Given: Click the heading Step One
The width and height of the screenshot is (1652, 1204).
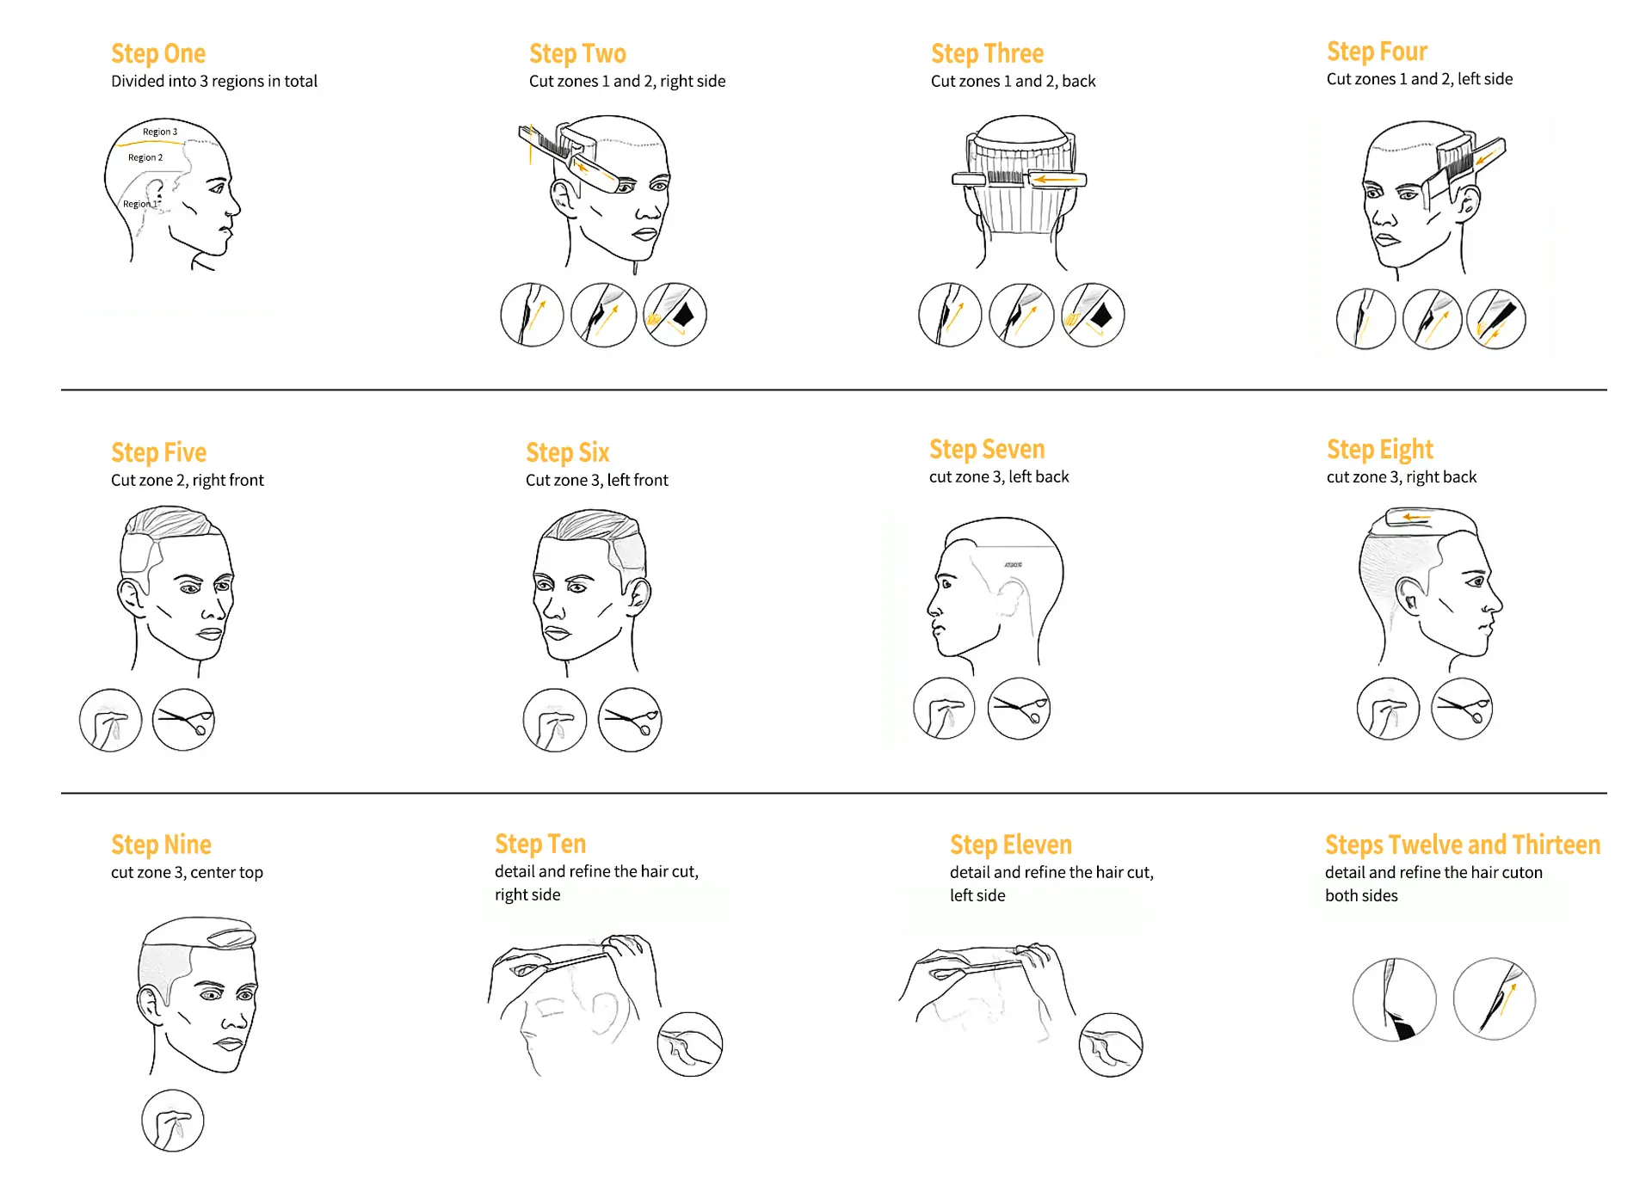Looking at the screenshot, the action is pyautogui.click(x=158, y=53).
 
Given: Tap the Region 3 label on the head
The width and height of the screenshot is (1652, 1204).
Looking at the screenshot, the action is pyautogui.click(x=160, y=132).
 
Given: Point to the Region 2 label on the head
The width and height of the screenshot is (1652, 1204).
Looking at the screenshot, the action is pyautogui.click(x=145, y=157).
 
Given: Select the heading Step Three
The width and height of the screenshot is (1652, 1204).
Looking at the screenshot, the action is pyautogui.click(x=987, y=53).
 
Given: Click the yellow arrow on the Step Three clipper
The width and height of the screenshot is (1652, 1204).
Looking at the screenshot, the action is pyautogui.click(x=1054, y=180).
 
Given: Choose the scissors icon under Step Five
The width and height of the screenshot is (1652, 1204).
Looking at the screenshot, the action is pyautogui.click(x=183, y=720).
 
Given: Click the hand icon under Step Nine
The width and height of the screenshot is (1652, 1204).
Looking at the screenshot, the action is pyautogui.click(x=173, y=1121).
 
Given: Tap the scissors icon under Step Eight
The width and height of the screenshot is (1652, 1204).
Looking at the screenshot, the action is pyautogui.click(x=1462, y=709).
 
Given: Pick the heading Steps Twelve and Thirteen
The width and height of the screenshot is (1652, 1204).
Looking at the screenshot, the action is pyautogui.click(x=1463, y=845).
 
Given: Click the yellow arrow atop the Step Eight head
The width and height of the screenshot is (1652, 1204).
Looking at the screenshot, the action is pyautogui.click(x=1416, y=517).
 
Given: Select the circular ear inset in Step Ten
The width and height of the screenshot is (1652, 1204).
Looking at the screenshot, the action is pyautogui.click(x=690, y=1044).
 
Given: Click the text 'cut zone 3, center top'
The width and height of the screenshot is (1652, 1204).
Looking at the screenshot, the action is pyautogui.click(x=187, y=872).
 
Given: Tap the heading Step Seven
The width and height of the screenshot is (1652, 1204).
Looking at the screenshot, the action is pyautogui.click(x=987, y=449).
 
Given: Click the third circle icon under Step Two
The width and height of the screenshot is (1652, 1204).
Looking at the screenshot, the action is pyautogui.click(x=675, y=315).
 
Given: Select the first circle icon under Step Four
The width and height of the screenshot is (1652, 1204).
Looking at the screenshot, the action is pyautogui.click(x=1366, y=319).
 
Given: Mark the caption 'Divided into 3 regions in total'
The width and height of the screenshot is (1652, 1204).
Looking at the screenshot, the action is pyautogui.click(x=214, y=81).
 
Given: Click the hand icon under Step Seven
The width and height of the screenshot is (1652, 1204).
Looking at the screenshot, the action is pyautogui.click(x=945, y=709).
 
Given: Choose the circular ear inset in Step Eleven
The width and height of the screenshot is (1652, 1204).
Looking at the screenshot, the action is pyautogui.click(x=1111, y=1045).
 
